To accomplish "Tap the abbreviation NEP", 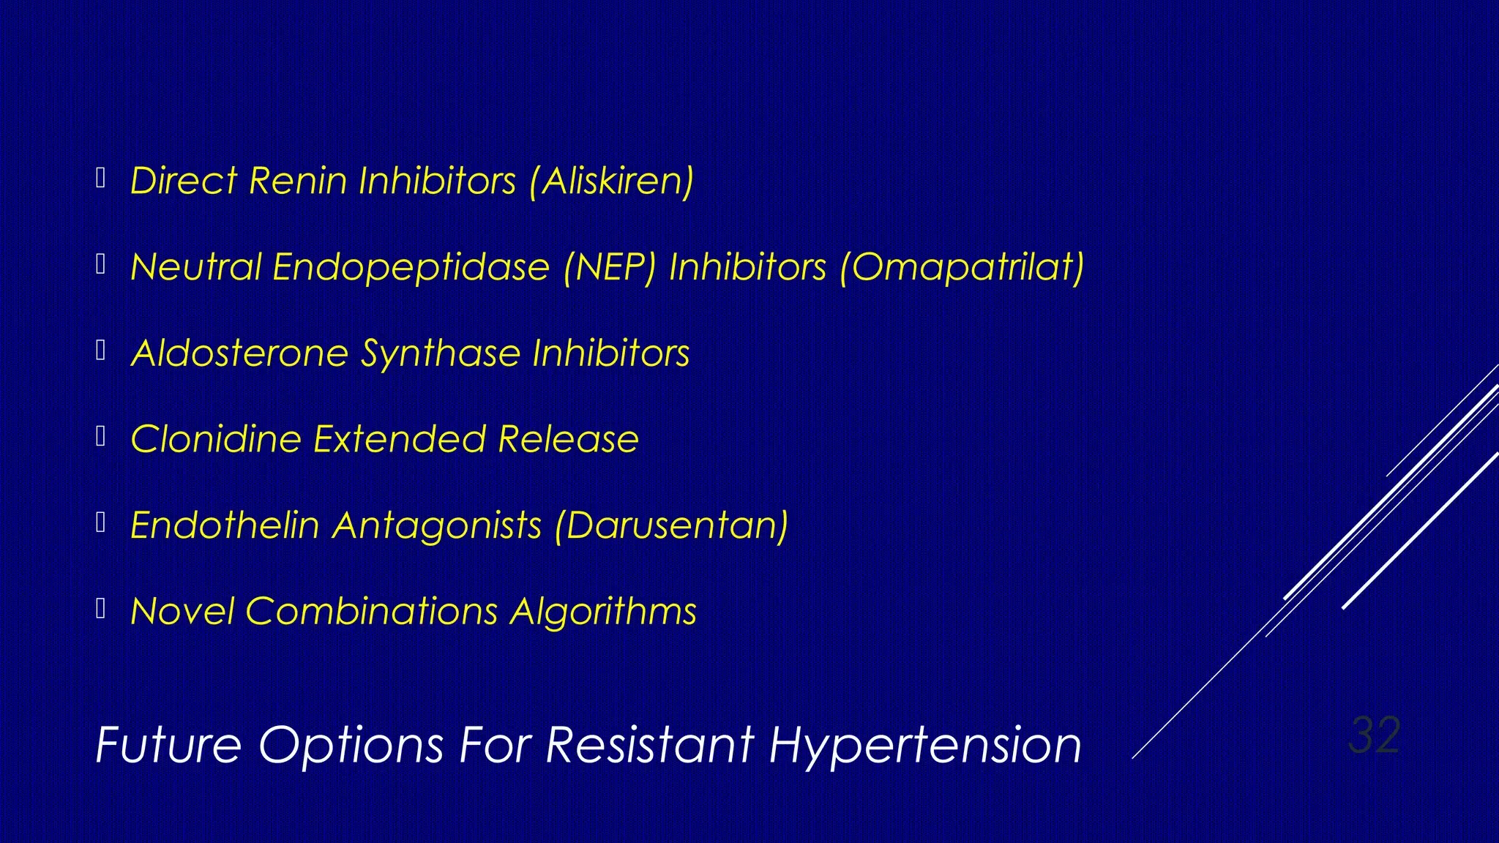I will tap(609, 267).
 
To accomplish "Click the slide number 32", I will tap(1374, 735).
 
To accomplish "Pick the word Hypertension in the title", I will tap(924, 746).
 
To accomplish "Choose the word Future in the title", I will tap(169, 746).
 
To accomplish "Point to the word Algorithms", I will tap(603, 612).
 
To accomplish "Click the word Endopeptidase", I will tap(411, 267).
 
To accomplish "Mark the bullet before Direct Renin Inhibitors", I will tap(101, 178).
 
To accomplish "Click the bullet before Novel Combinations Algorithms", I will tap(101, 608).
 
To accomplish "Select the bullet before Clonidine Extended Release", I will tap(101, 436).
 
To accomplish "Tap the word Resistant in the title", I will tap(650, 746).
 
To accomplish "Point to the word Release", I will tap(568, 439).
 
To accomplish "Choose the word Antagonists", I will tap(437, 525).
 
